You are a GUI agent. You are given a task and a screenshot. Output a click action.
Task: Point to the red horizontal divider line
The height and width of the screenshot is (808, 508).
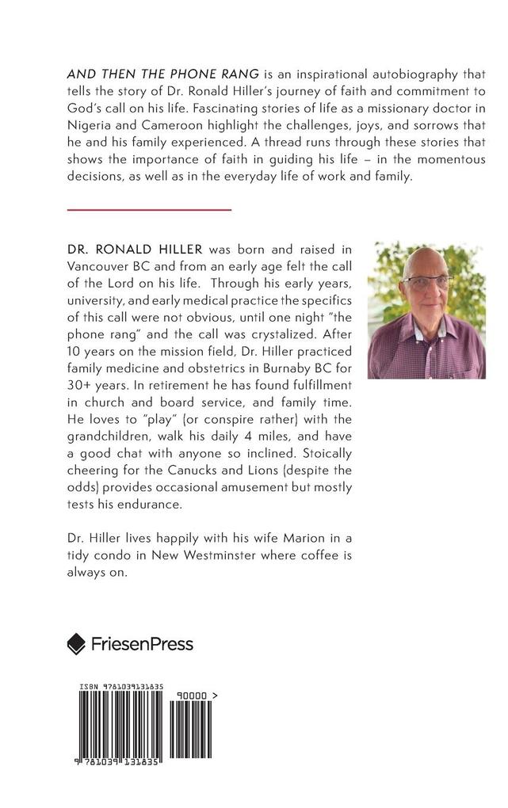click(149, 209)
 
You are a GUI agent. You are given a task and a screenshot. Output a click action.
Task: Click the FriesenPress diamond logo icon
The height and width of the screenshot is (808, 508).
click(76, 643)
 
